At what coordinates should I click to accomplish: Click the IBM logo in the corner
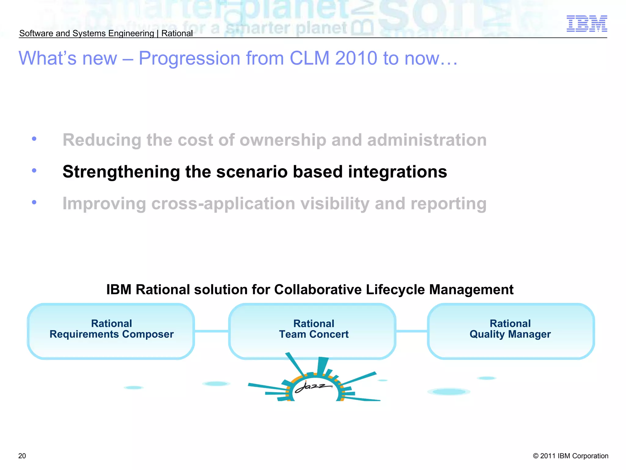coord(587,24)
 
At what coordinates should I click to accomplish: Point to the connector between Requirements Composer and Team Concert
coord(212,331)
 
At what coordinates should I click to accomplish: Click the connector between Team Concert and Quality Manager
coord(412,331)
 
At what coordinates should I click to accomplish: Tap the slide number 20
coord(22,456)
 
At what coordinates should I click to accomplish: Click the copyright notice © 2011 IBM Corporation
coord(570,456)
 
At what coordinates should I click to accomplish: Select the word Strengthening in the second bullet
coord(121,172)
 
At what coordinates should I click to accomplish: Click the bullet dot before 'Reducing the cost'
coord(34,139)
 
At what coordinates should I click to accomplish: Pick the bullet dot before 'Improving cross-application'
coord(34,202)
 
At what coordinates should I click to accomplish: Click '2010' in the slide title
coord(356,58)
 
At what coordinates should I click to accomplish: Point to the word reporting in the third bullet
coord(448,204)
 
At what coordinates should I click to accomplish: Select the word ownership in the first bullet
coord(283,140)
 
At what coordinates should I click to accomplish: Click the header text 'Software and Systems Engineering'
coord(87,33)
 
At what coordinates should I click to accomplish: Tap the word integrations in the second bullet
coord(397,172)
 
